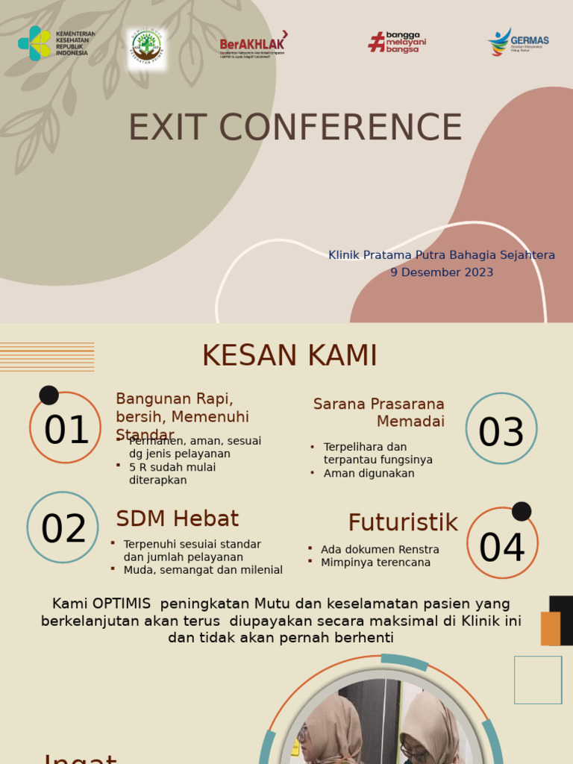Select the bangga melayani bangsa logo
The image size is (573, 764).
(x=397, y=43)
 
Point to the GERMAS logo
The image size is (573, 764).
(x=519, y=42)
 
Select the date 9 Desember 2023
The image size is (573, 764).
(x=442, y=272)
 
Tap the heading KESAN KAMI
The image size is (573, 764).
(x=289, y=356)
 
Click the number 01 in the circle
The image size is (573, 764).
(x=66, y=430)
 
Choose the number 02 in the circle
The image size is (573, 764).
(x=63, y=529)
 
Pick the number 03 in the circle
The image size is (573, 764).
(x=501, y=433)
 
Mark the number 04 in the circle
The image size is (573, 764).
(x=501, y=548)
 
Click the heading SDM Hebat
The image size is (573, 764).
(x=178, y=519)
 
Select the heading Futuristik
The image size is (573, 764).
(x=403, y=523)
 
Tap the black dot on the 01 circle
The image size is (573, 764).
(x=49, y=395)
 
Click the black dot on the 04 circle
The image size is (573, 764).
(x=522, y=511)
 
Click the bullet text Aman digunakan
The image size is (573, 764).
(x=369, y=473)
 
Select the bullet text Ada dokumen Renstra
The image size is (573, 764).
(x=380, y=549)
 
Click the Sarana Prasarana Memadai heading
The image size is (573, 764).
(x=379, y=413)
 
